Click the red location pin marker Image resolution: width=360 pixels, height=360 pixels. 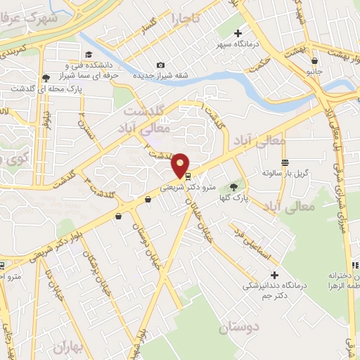coord(181,165)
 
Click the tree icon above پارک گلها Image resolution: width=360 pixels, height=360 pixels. coord(233,187)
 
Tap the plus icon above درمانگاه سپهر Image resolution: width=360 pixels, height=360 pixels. coord(238,32)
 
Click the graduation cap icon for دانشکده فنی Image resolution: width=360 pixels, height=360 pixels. coord(89,54)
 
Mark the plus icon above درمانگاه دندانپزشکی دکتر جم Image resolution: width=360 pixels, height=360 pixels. coord(274,274)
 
